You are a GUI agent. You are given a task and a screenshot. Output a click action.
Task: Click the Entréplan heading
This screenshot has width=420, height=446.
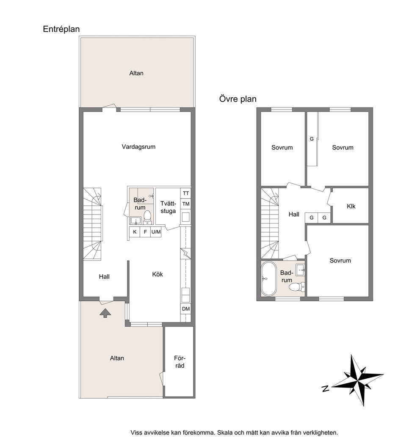[61, 29]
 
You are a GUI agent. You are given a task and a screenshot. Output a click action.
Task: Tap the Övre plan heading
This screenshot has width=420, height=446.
[238, 99]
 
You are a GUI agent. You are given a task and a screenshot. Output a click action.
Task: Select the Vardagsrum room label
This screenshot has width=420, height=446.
[138, 147]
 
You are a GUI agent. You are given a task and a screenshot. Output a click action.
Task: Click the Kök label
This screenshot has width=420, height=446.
[157, 274]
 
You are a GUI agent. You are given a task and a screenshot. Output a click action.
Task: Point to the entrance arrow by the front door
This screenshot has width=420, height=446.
[105, 313]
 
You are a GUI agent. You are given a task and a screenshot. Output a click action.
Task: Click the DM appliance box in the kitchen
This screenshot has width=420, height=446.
[186, 309]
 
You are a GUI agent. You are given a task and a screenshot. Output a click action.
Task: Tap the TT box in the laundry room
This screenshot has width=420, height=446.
[186, 193]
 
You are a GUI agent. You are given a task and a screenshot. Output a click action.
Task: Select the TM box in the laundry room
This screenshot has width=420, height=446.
[186, 204]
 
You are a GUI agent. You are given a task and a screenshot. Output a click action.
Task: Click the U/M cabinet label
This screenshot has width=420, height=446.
[156, 232]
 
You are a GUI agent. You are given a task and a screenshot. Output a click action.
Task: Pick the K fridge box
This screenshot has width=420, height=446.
[135, 232]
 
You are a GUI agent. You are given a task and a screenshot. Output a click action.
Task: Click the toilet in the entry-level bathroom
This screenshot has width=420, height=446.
[147, 216]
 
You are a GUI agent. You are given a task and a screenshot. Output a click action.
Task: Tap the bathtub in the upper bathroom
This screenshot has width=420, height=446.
[268, 279]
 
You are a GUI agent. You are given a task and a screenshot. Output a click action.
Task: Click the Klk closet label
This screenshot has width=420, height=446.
[351, 206]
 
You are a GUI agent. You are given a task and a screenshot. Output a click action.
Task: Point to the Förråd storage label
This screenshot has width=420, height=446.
[180, 362]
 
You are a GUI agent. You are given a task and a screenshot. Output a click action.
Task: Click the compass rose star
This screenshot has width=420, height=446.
[358, 380]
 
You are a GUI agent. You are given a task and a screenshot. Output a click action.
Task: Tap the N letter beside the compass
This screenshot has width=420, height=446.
[325, 388]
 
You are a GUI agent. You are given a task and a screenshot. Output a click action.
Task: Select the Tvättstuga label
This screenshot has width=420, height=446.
[168, 207]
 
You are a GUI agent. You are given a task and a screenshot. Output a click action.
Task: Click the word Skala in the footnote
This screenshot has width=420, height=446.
[225, 432]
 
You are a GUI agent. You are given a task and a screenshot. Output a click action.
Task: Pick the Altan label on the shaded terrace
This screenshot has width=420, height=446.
[117, 358]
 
